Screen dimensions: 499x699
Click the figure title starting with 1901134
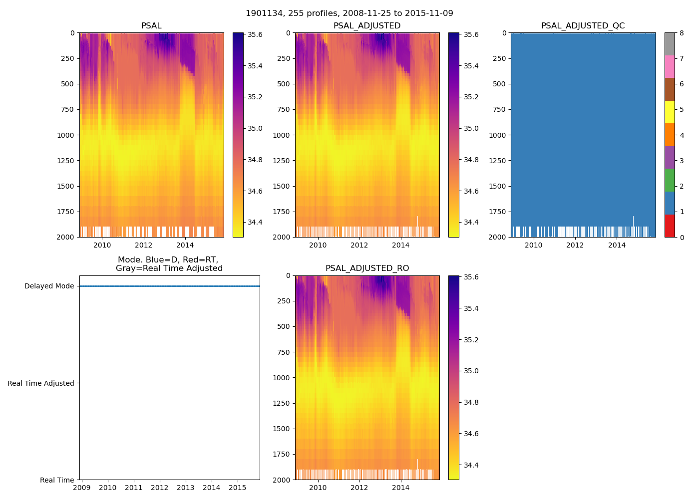(349, 13)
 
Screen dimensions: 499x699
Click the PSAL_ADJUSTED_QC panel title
(583, 26)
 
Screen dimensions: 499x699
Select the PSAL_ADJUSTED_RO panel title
(367, 268)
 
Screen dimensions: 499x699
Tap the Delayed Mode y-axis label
(49, 286)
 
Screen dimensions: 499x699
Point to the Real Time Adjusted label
(41, 383)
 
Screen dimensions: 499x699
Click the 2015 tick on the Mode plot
(238, 488)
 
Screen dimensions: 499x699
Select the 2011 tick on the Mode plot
(134, 488)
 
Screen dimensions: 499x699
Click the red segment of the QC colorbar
(670, 226)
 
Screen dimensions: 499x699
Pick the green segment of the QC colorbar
(670, 180)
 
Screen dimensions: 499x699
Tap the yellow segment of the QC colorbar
(670, 112)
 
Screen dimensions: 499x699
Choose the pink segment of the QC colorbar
(670, 66)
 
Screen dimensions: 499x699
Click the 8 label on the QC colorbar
(682, 33)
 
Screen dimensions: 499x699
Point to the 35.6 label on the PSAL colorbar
(255, 35)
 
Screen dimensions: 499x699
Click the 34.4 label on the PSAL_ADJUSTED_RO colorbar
(471, 465)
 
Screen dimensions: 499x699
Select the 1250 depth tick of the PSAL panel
(65, 161)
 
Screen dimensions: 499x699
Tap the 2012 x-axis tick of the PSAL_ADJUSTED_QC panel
(575, 245)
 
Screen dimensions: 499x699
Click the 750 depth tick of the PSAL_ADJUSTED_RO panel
(284, 352)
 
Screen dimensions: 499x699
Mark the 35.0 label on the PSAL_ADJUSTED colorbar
(471, 128)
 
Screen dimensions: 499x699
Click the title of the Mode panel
(169, 264)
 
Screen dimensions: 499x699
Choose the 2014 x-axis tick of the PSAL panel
(185, 245)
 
